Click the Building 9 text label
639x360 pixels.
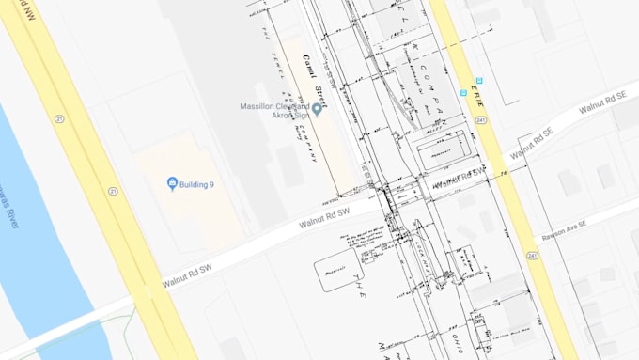click(x=198, y=183)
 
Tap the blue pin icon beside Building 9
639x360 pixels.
click(x=172, y=183)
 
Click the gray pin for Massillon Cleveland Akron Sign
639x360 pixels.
click(x=317, y=110)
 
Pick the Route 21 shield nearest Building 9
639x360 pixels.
click(x=113, y=191)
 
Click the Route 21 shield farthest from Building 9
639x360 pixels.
click(x=60, y=119)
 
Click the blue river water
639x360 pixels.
click(x=38, y=244)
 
